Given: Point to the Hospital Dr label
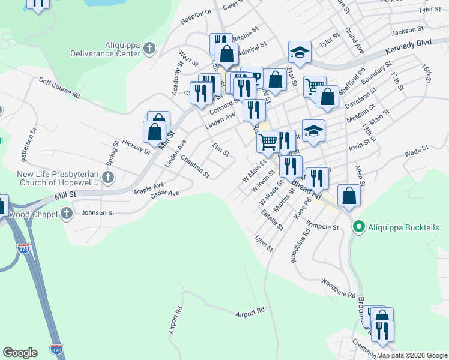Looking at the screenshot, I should pyautogui.click(x=196, y=16).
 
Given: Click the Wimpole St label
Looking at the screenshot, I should pyautogui.click(x=322, y=226).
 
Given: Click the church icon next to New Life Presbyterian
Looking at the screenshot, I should pyautogui.click(x=108, y=177).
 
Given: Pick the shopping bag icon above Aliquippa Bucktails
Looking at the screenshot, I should pyautogui.click(x=349, y=196).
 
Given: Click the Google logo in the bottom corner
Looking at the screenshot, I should pyautogui.click(x=20, y=353).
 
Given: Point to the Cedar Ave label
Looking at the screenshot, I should pyautogui.click(x=165, y=193).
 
